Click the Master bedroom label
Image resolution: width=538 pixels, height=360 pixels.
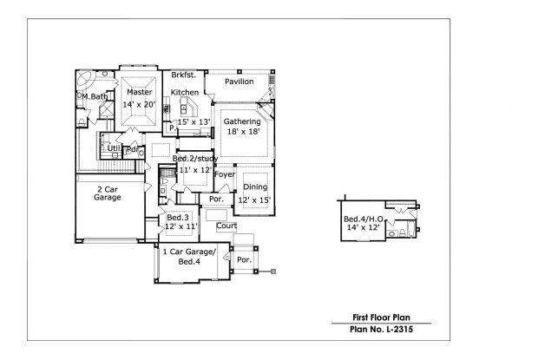(139, 92)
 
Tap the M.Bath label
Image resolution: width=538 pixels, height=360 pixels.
(93, 97)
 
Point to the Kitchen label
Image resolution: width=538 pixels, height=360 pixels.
(185, 92)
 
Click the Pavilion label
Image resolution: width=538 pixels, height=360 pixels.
(239, 82)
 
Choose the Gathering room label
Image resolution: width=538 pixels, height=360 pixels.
(242, 121)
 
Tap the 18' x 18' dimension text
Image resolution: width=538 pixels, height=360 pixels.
(242, 132)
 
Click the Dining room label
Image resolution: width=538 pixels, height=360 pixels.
(255, 187)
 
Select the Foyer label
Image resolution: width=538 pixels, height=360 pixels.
(225, 174)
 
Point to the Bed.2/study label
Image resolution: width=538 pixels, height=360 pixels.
(194, 159)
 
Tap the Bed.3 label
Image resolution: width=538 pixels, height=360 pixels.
(178, 216)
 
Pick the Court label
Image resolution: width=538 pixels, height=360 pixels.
(226, 226)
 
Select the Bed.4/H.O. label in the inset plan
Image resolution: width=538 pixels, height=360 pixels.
(362, 218)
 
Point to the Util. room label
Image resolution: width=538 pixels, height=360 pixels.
(115, 149)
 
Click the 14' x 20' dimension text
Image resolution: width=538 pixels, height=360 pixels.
(139, 104)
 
